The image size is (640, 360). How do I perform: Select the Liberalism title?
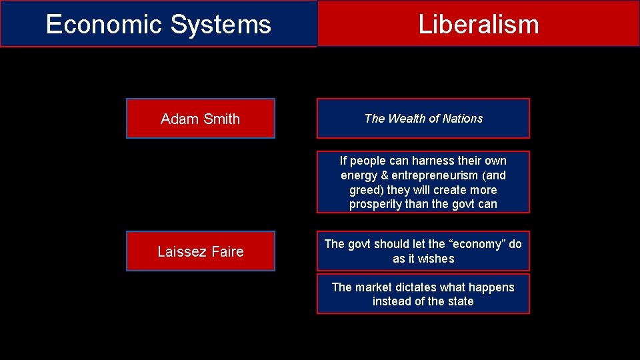point(478,25)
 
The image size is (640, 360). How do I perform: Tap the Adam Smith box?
point(200,119)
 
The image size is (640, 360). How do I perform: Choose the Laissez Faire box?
point(200,251)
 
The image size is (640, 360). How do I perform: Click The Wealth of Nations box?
point(423,119)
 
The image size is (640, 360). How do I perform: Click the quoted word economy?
point(475,244)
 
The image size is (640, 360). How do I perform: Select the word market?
point(373,287)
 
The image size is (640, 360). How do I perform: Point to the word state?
point(459,301)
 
